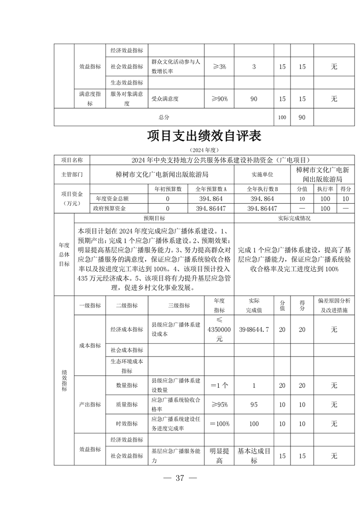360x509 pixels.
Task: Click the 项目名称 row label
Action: point(72,160)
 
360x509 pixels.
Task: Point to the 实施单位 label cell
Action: point(263,174)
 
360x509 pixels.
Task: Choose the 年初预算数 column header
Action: point(168,189)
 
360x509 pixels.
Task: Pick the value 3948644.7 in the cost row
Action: point(254,329)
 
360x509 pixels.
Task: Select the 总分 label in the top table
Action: point(164,117)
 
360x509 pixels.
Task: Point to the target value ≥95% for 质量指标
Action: point(219,404)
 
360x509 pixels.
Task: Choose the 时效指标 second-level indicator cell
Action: point(127,423)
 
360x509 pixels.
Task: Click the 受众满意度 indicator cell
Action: point(165,98)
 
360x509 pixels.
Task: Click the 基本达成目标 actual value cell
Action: point(254,455)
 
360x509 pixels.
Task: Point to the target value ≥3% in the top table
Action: point(219,67)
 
